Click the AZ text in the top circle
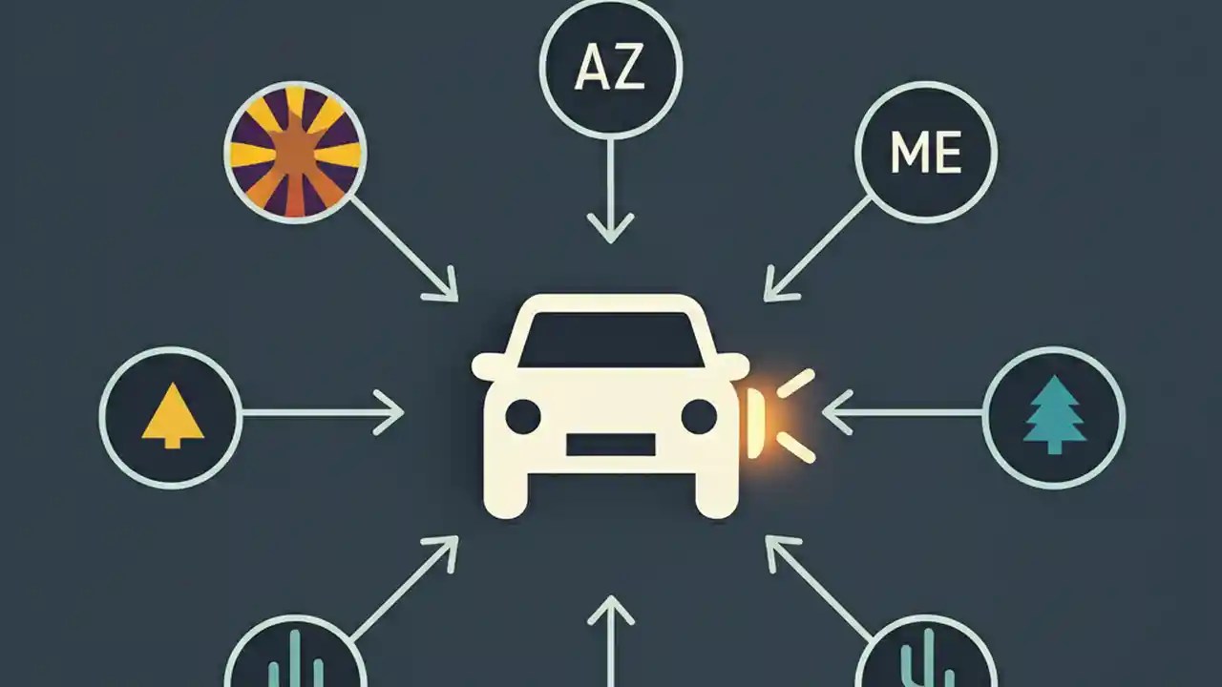[x=610, y=71]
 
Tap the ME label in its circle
[x=925, y=153]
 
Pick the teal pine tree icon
[x=1053, y=416]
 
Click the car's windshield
[x=611, y=340]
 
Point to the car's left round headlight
[x=522, y=417]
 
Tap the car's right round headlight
[x=699, y=417]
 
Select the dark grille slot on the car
[x=611, y=445]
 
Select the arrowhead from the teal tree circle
[x=832, y=413]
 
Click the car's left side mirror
[x=487, y=364]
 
